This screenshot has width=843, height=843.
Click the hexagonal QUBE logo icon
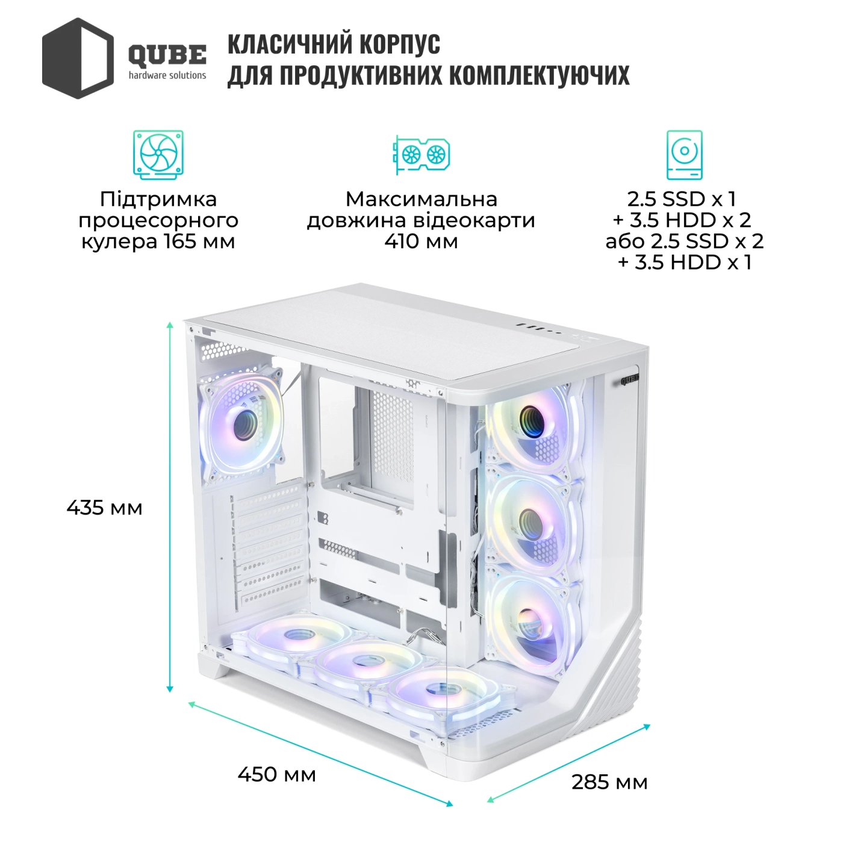tap(78, 58)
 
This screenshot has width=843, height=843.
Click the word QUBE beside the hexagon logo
tap(167, 55)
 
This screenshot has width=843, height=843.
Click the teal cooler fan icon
tap(158, 154)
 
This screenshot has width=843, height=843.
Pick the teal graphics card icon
tap(421, 154)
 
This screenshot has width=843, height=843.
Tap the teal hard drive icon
tap(684, 155)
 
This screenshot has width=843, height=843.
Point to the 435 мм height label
tap(105, 508)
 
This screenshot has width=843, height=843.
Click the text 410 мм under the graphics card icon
tap(421, 241)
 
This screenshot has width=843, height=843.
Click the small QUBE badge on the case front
tap(629, 379)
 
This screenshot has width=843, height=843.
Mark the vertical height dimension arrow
tap(170, 508)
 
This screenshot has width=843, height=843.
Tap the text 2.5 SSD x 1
tap(682, 199)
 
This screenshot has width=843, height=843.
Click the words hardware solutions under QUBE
tap(167, 75)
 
